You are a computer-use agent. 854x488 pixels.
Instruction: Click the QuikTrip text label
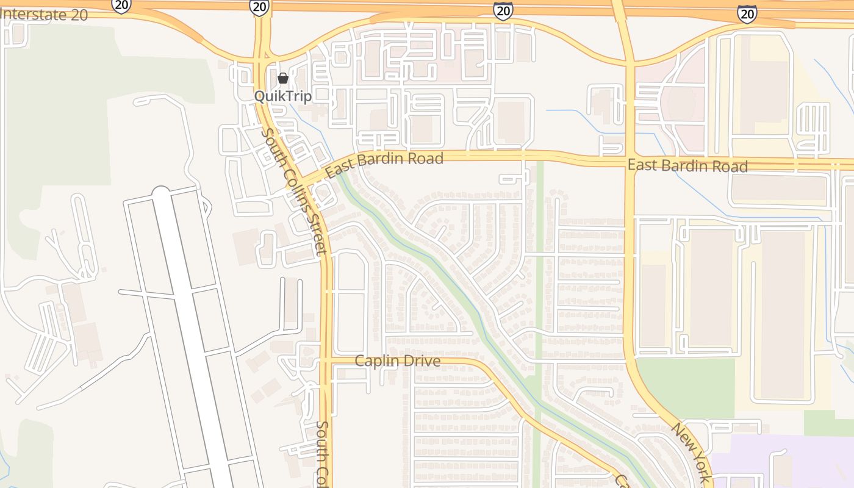point(283,96)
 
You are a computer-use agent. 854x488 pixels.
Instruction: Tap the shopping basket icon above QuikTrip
point(282,78)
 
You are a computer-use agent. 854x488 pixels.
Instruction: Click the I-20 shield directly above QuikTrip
point(259,6)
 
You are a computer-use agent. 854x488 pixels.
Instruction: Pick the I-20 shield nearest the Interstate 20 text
point(121,5)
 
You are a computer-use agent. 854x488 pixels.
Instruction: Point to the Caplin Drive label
point(397,361)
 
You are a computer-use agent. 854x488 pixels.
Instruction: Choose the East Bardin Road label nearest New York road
point(687,165)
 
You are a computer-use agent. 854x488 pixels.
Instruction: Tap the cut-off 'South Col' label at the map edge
point(323,454)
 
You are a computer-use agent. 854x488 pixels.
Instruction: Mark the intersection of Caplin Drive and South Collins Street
point(326,361)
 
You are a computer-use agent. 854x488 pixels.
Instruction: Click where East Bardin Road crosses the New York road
point(629,160)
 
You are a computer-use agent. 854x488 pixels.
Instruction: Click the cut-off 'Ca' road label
point(621,480)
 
